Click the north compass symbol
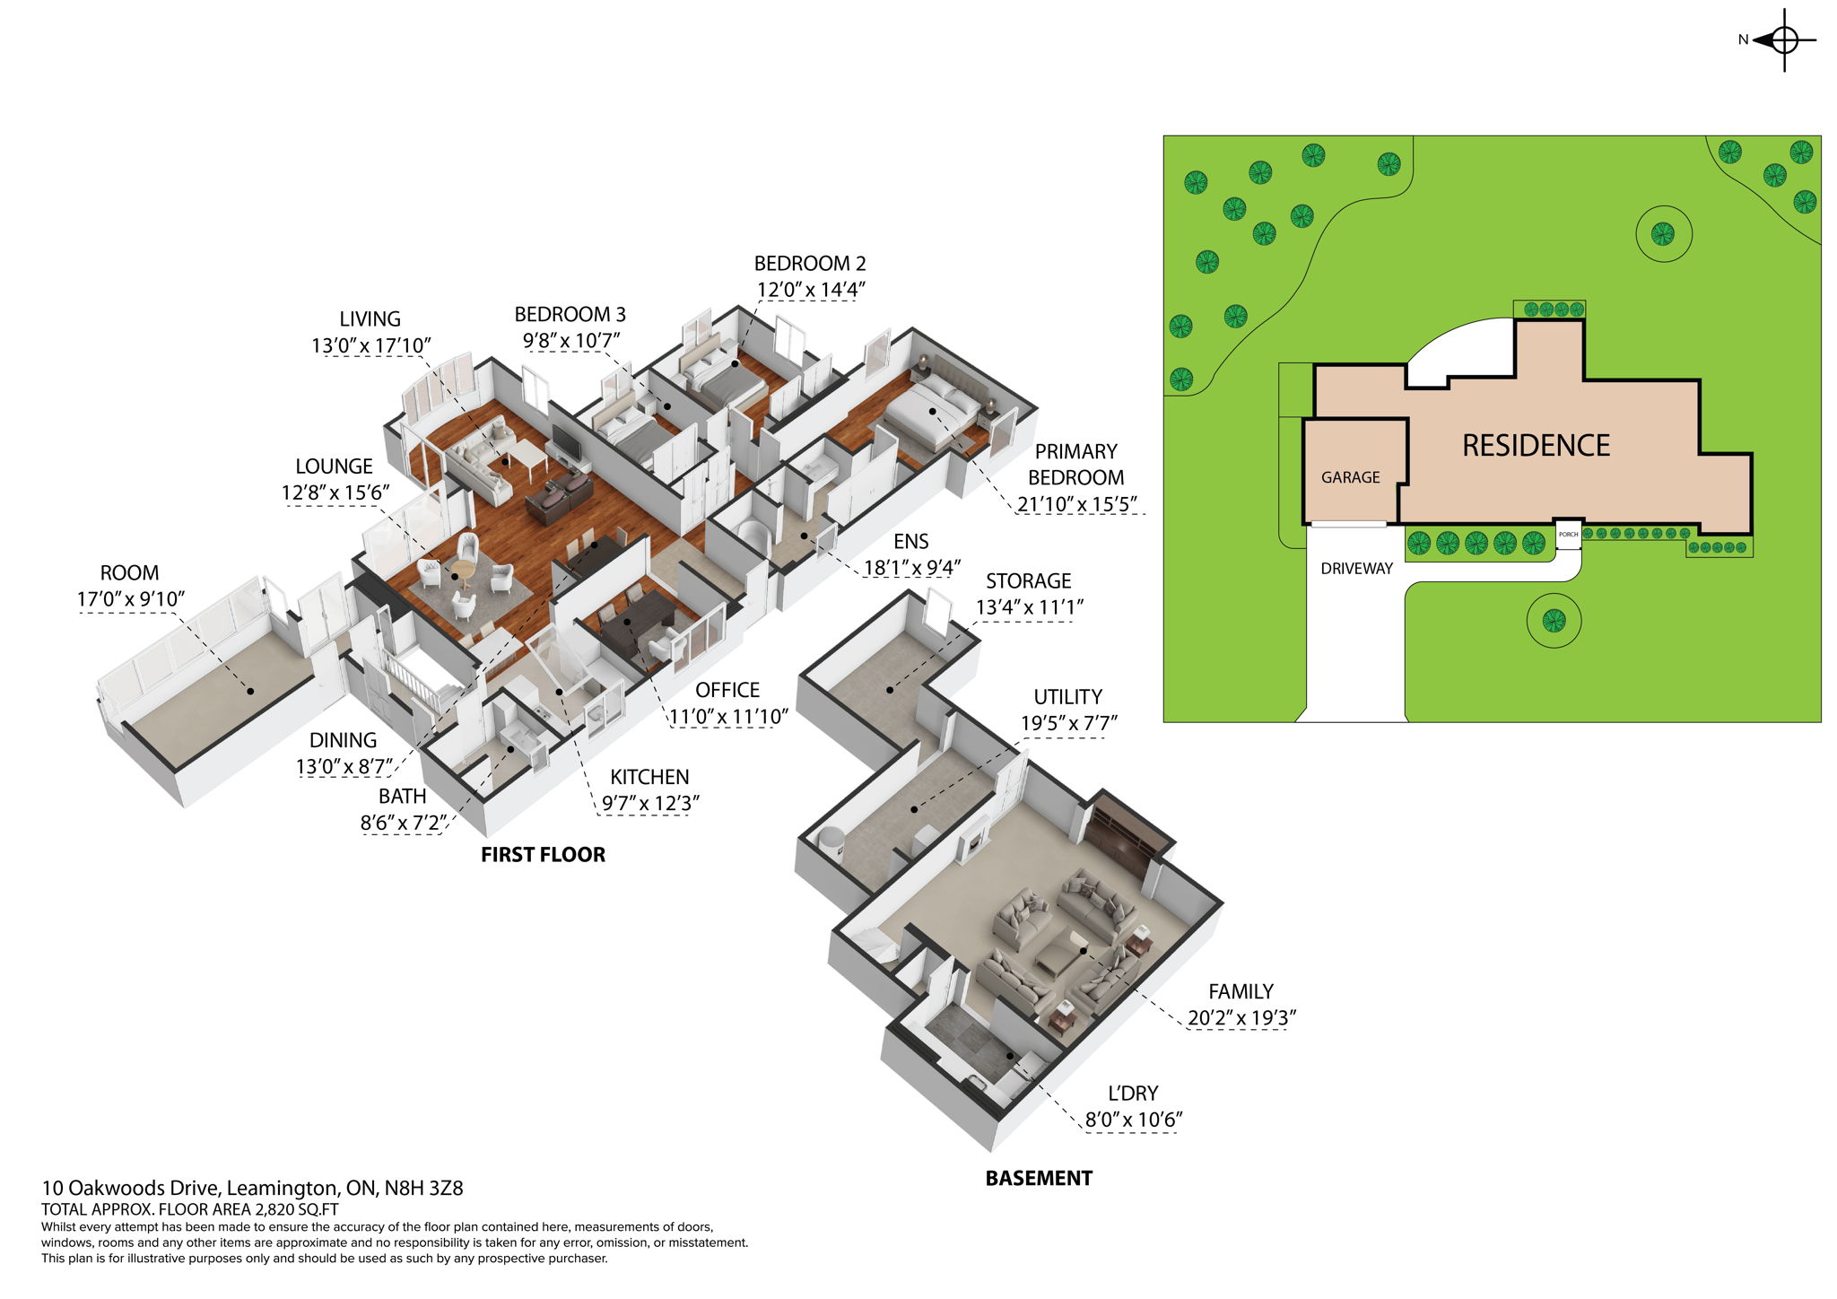[1783, 40]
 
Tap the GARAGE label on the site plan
[1350, 477]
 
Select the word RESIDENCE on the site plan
[1536, 446]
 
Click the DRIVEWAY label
[1356, 569]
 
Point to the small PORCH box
[1568, 535]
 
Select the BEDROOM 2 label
[809, 264]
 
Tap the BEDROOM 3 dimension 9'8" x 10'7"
[571, 341]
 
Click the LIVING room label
[370, 319]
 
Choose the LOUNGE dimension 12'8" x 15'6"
[335, 493]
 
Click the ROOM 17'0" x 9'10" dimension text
[131, 599]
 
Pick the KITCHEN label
[649, 777]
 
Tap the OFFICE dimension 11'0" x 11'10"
[728, 717]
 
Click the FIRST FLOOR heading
[543, 855]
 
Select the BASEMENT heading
[1039, 1179]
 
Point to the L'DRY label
[1133, 1094]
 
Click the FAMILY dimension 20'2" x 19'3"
[1241, 1018]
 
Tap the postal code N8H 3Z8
[423, 1189]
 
